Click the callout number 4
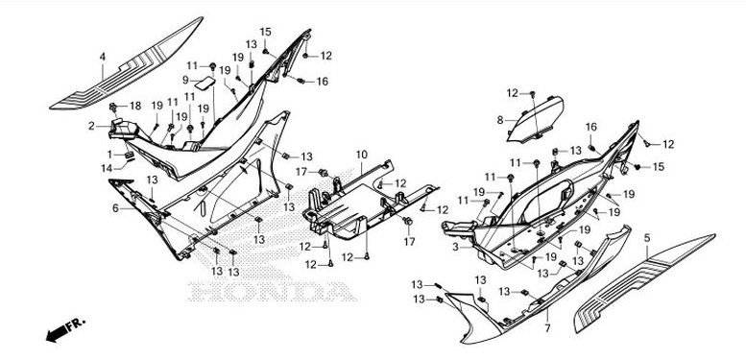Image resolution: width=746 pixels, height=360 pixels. tap(103, 57)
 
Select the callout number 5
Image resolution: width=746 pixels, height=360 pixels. tap(647, 236)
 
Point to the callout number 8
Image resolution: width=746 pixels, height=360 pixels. tap(500, 120)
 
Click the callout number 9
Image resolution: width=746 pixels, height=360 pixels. tap(188, 82)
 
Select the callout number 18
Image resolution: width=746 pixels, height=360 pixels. tap(135, 105)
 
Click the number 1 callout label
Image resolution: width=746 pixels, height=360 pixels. tap(109, 155)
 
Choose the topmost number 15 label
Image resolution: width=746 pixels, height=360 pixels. tap(266, 32)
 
